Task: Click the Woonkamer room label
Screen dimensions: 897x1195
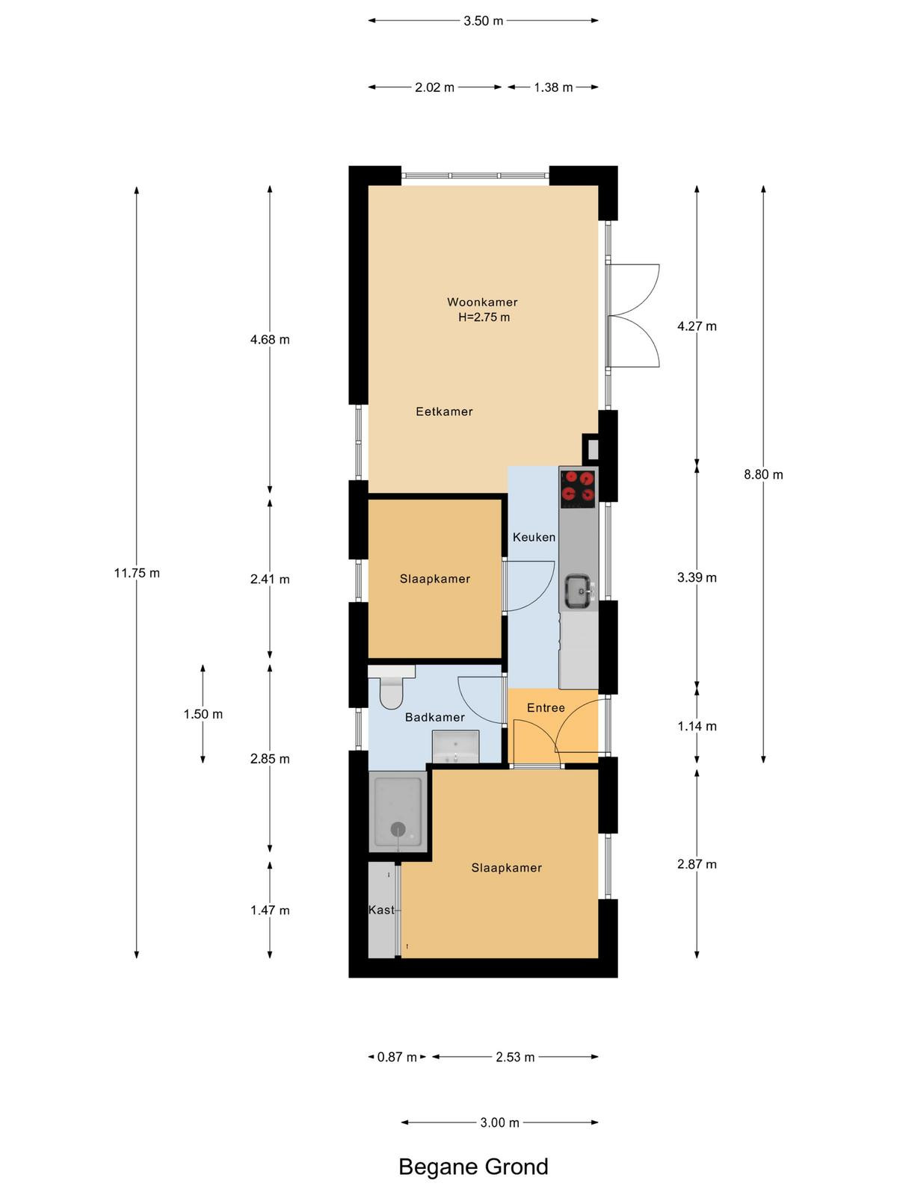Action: coord(482,302)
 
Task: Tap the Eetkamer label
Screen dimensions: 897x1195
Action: coord(444,412)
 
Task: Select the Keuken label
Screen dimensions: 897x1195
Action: coord(534,537)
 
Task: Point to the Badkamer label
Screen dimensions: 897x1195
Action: coord(434,718)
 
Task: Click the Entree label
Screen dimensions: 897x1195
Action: coord(546,708)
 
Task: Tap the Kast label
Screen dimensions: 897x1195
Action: coord(381,910)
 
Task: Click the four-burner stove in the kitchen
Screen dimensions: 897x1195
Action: coord(578,487)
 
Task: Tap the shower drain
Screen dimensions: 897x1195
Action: coord(398,830)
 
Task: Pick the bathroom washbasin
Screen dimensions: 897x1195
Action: coord(456,747)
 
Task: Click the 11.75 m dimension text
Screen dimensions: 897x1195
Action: coord(137,573)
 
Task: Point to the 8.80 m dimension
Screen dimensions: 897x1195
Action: coord(763,474)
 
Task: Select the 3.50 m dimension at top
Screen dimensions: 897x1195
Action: coord(483,21)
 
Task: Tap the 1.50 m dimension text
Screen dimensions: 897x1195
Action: coord(203,714)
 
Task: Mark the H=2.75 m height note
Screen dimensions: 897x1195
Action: coord(484,317)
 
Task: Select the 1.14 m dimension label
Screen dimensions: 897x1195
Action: coord(697,726)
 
